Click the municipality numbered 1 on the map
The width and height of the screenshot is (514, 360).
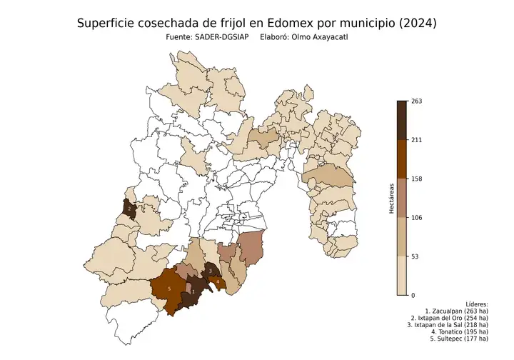click(193, 293)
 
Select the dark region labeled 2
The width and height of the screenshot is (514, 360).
click(130, 208)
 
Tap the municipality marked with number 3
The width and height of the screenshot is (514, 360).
click(211, 271)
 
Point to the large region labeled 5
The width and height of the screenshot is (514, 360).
click(168, 289)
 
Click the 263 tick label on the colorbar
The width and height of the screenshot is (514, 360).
click(417, 101)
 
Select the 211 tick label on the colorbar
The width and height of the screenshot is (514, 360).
click(417, 140)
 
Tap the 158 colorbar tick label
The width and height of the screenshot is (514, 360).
click(417, 179)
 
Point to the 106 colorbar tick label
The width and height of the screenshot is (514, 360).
click(417, 217)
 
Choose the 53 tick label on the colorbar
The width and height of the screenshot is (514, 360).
click(415, 256)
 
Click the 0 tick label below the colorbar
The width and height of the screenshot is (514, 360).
click(413, 294)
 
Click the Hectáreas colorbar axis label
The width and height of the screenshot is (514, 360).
click(392, 198)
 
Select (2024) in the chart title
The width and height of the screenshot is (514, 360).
click(415, 24)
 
